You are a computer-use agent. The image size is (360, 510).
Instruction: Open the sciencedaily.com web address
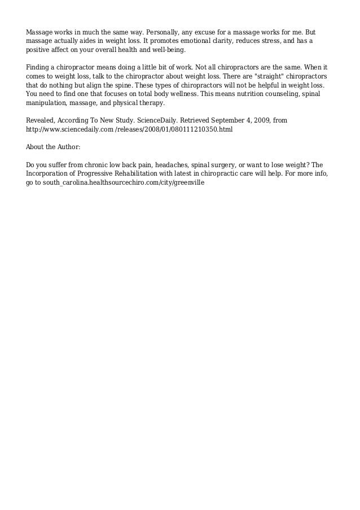pyautogui.click(x=129, y=129)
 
